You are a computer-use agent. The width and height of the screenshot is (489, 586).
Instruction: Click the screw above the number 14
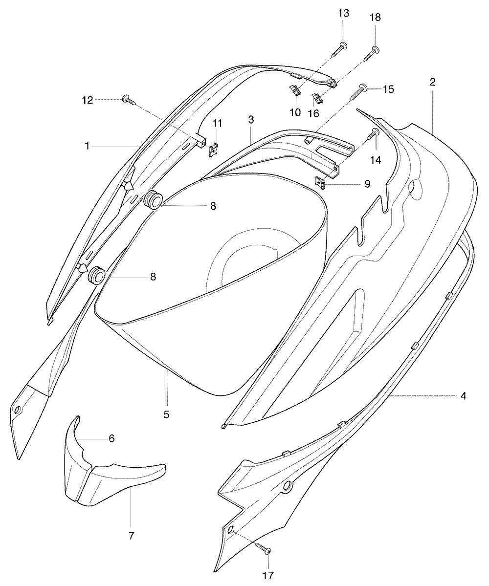point(375,134)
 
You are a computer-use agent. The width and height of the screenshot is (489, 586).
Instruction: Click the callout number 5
point(166,414)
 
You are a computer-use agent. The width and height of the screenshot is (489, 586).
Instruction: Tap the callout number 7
point(131,536)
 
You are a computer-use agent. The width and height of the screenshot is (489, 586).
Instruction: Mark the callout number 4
point(463,396)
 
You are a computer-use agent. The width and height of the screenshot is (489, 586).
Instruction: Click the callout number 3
point(251,120)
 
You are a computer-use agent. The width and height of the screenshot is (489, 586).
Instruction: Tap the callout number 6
point(111,438)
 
